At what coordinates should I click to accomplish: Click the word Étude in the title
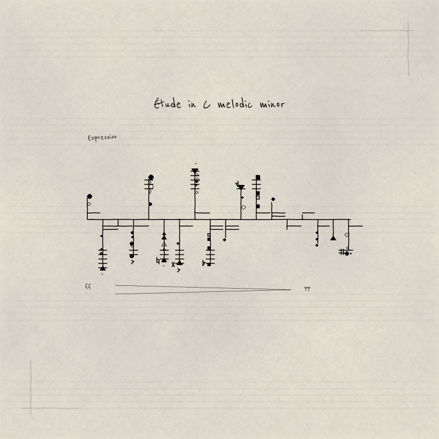(167, 104)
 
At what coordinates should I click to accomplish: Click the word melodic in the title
(235, 104)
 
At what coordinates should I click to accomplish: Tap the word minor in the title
(272, 104)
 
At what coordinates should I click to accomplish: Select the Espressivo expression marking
(102, 138)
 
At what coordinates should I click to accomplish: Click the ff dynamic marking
(88, 286)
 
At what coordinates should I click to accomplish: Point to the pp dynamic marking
(307, 289)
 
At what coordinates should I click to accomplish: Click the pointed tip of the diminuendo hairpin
(291, 290)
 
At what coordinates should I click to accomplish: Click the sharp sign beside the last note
(341, 252)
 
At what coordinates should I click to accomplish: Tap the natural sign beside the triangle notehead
(158, 261)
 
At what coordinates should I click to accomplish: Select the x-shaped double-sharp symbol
(173, 264)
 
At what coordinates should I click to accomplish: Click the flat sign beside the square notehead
(204, 263)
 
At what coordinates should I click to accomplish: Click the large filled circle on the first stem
(89, 196)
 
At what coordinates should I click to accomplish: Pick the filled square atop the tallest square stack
(258, 177)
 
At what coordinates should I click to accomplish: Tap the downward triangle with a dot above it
(195, 171)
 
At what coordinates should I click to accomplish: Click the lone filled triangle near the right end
(333, 238)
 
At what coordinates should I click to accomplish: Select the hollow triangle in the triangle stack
(164, 244)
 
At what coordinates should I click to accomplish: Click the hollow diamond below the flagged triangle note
(244, 207)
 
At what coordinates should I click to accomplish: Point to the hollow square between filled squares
(258, 198)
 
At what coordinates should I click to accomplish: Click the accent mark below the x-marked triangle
(179, 270)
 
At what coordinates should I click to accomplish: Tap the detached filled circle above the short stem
(273, 199)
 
